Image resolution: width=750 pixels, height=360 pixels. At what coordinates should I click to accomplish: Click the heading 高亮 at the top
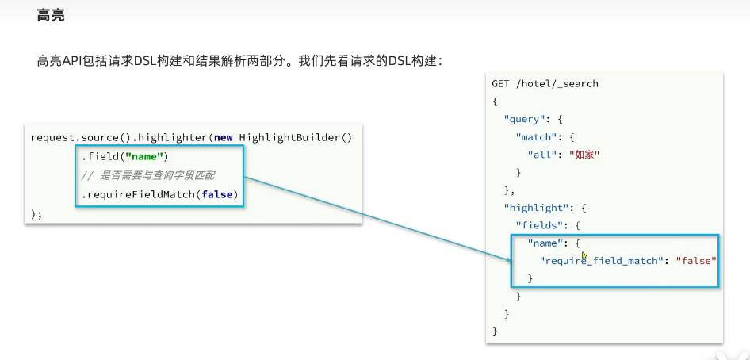pyautogui.click(x=51, y=15)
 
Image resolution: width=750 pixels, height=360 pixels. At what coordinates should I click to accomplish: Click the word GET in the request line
pyautogui.click(x=500, y=84)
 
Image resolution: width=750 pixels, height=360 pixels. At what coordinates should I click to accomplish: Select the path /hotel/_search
pyautogui.click(x=557, y=84)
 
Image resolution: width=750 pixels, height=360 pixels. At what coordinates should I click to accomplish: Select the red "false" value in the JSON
pyautogui.click(x=695, y=261)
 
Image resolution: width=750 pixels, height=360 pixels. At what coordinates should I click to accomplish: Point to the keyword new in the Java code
pyautogui.click(x=224, y=138)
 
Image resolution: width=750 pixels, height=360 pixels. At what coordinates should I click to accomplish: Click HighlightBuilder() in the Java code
pyautogui.click(x=296, y=138)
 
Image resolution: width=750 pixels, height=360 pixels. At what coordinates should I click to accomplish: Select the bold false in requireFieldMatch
pyautogui.click(x=216, y=194)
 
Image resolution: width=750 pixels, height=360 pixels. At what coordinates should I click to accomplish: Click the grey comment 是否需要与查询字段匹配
pyautogui.click(x=157, y=176)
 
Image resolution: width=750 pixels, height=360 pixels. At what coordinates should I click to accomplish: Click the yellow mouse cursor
pyautogui.click(x=584, y=255)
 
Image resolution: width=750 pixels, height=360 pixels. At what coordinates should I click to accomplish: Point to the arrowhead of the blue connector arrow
pyautogui.click(x=510, y=261)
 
